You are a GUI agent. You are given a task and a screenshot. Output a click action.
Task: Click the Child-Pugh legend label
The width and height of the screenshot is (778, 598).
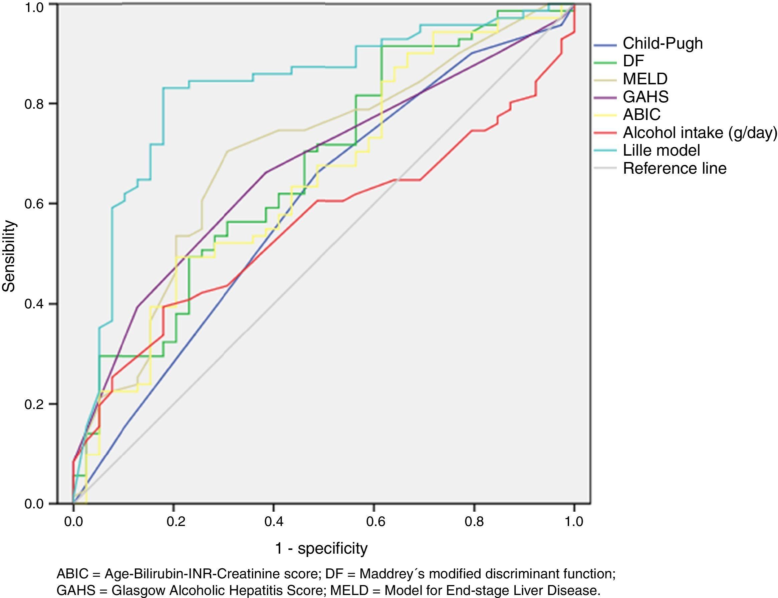[x=663, y=43]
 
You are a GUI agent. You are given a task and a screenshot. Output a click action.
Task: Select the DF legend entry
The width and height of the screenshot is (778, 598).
[x=633, y=61]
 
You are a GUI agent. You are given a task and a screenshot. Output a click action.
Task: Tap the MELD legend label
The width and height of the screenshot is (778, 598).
[x=645, y=79]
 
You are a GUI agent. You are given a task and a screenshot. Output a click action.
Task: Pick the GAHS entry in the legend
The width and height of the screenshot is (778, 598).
[x=645, y=97]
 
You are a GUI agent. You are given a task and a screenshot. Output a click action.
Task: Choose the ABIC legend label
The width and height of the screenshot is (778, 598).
[x=641, y=115]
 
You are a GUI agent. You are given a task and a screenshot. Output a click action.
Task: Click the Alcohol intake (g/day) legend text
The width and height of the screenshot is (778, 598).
[x=700, y=133]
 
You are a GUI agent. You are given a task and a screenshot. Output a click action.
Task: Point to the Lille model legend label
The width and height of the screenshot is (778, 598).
[x=661, y=150]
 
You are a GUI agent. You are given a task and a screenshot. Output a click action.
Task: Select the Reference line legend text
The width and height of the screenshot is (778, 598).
[x=674, y=168]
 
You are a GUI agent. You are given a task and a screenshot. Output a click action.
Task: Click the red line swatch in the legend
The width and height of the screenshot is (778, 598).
[x=605, y=133]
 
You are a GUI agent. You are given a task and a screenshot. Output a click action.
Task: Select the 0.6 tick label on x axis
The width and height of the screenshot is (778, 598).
[x=375, y=522]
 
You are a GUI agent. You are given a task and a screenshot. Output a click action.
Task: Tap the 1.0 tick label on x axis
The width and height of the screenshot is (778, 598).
[x=574, y=522]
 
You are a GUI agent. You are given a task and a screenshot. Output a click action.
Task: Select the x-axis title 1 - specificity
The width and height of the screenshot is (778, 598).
[x=321, y=549]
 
